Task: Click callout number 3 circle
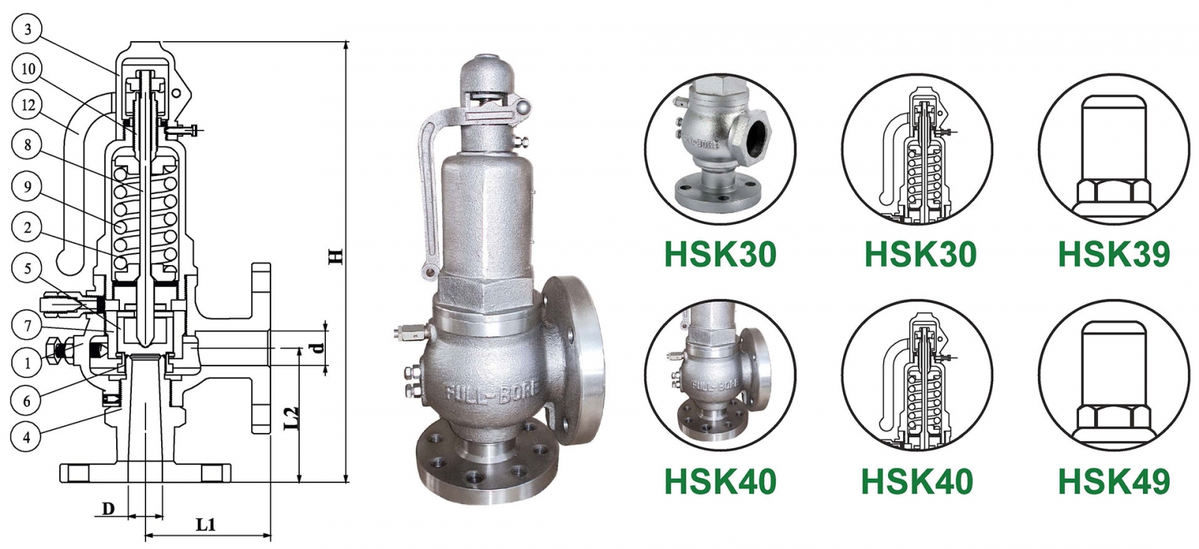pos(28,29)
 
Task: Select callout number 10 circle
pos(28,69)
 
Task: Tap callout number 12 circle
pos(28,105)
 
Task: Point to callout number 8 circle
pos(28,145)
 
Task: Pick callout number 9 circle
pos(28,186)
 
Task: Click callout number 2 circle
pos(28,227)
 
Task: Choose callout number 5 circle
pos(28,267)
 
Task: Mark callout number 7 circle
pos(28,325)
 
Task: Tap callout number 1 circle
pos(28,363)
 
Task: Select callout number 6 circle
pos(28,401)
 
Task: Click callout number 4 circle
pos(28,437)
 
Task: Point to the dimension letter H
pos(336,256)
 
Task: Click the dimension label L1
pos(205,524)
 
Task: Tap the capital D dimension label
pos(109,509)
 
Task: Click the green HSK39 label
pos(1114,255)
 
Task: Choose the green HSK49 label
pos(1114,482)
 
